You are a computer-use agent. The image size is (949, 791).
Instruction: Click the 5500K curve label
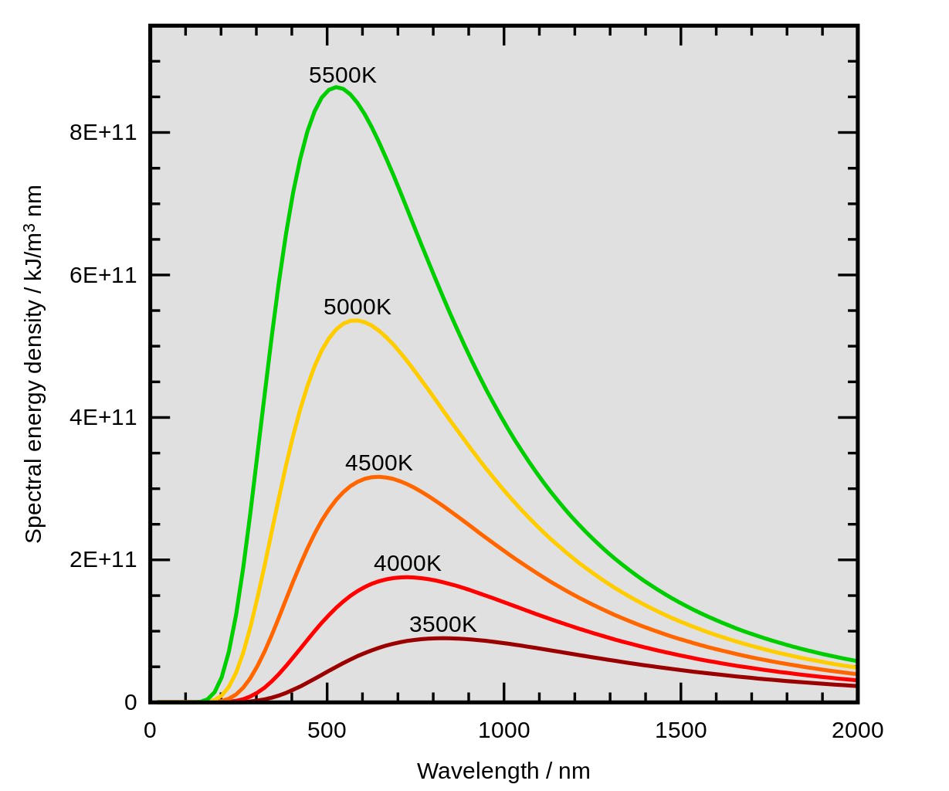click(x=342, y=76)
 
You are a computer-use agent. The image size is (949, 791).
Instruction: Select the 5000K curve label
click(x=357, y=307)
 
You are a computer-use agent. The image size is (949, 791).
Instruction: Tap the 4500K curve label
click(x=378, y=463)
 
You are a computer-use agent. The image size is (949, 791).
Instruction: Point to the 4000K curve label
click(x=407, y=564)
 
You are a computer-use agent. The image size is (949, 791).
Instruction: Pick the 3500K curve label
click(x=442, y=625)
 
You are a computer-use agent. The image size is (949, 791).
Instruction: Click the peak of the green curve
click(x=336, y=87)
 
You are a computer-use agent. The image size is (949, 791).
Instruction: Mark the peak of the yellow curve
click(x=354, y=321)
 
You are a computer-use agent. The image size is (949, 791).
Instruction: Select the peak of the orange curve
click(x=377, y=477)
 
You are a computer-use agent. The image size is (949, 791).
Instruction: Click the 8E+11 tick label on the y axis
click(x=103, y=133)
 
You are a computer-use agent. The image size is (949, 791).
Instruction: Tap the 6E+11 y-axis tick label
click(x=103, y=275)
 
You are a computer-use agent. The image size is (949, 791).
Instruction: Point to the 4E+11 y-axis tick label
click(x=103, y=418)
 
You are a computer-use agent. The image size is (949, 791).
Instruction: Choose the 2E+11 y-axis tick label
click(x=103, y=560)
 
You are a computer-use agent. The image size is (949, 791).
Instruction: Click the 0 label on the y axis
click(x=130, y=703)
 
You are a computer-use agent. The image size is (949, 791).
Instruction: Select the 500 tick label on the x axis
click(x=327, y=731)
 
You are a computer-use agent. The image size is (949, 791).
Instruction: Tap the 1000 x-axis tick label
click(x=503, y=731)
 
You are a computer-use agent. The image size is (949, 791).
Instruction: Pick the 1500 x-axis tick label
click(x=680, y=731)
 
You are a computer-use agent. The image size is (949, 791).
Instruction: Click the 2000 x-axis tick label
click(x=857, y=731)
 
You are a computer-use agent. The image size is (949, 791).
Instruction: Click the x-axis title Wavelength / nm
click(x=503, y=771)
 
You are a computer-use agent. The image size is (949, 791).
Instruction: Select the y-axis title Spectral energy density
click(x=34, y=363)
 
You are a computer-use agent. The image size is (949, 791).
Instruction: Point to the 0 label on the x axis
click(x=151, y=731)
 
